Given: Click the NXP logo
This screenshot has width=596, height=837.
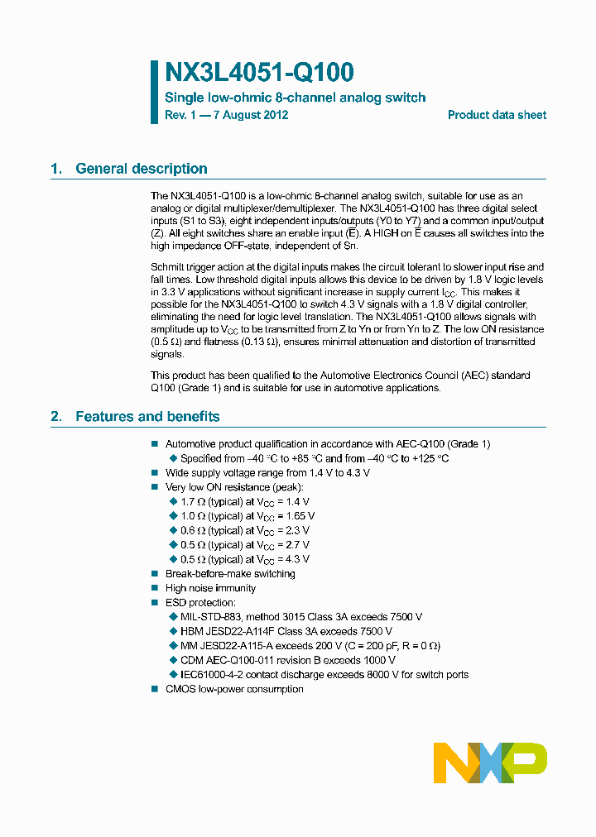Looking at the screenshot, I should [x=490, y=762].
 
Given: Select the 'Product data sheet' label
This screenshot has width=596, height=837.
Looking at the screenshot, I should [x=497, y=115].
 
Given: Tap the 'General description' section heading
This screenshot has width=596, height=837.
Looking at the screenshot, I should [x=141, y=169].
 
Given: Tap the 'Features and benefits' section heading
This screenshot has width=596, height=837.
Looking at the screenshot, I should [x=147, y=417].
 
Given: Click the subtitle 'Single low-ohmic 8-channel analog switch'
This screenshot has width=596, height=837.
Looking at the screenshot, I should [x=296, y=98].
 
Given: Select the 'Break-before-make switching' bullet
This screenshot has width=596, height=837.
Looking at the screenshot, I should [x=230, y=574].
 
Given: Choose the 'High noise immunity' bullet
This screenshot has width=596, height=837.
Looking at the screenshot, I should [x=210, y=588].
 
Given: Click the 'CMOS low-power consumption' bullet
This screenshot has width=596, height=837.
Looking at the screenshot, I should [x=234, y=689].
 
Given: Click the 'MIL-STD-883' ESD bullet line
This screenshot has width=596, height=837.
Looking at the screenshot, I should [x=301, y=617].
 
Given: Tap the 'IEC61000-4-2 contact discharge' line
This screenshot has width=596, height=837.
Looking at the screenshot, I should [x=324, y=675].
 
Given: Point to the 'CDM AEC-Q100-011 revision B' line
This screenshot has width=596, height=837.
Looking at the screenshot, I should [x=287, y=660].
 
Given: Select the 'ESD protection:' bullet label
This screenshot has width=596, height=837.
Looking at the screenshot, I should [x=200, y=603].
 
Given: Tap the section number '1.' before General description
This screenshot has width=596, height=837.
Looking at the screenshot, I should [x=56, y=169].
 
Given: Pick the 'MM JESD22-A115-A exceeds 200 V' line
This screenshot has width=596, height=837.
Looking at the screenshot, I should [x=310, y=646].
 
